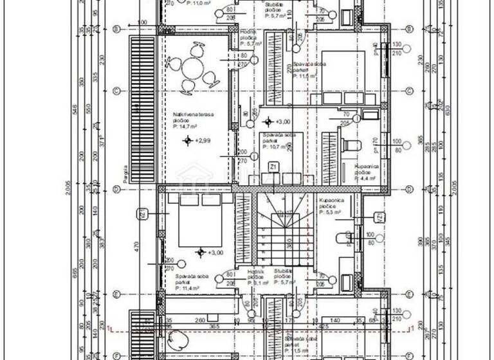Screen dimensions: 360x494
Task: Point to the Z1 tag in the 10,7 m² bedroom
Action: [273, 166]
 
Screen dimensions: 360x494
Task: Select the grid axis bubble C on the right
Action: [409, 90]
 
